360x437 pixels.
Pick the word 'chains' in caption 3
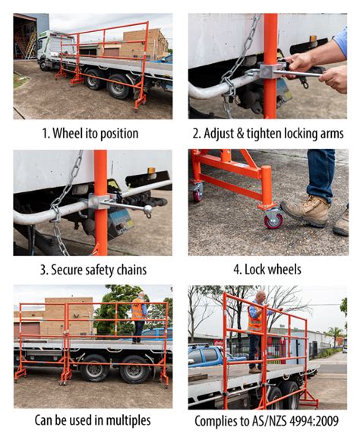tap(130, 269)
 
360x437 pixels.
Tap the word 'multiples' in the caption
tap(126, 420)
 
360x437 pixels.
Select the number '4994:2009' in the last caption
tap(313, 420)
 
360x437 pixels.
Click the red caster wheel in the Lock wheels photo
tap(272, 220)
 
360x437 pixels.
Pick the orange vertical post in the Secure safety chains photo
tap(100, 201)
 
